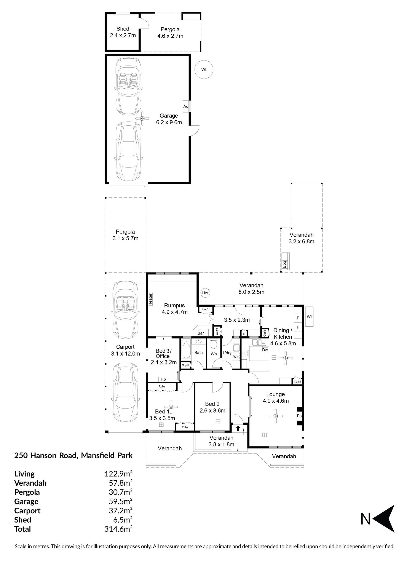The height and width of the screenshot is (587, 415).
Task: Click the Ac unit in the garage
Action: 186,106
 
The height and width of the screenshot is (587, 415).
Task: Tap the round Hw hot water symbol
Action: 205,293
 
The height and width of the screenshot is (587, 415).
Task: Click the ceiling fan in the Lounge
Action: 276,416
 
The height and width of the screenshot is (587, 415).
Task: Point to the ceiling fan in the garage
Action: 142,118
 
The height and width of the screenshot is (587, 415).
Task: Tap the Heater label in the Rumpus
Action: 150,299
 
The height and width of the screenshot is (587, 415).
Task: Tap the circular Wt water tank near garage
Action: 204,70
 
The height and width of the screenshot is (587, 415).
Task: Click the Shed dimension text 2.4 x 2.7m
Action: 123,35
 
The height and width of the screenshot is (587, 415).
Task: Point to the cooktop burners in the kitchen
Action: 245,354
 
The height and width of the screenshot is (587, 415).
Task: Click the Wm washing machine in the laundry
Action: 236,357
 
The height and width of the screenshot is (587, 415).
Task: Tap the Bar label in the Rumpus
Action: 201,333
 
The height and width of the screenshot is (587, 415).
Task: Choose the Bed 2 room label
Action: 212,404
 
